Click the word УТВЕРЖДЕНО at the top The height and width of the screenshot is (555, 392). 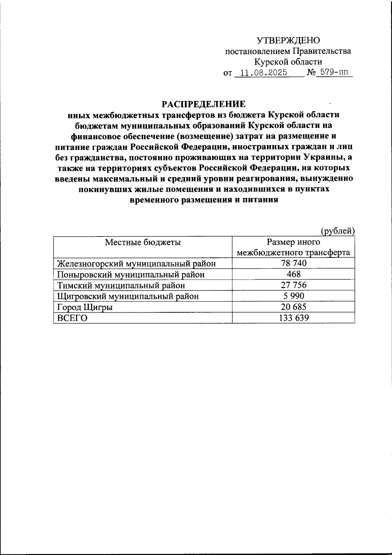(288, 41)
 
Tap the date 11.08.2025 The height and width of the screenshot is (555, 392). (263, 73)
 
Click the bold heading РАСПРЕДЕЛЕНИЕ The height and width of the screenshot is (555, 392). (204, 104)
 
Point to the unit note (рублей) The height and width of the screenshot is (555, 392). (337, 231)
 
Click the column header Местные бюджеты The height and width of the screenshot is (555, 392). (143, 242)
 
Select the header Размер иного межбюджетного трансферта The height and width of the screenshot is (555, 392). (293, 247)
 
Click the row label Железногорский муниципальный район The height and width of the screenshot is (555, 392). (137, 263)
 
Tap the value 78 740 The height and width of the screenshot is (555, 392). (294, 263)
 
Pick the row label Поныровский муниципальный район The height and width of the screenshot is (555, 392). (131, 274)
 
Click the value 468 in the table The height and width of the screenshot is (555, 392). (293, 274)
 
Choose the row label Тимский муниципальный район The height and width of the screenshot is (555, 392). (121, 285)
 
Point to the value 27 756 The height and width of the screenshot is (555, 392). (294, 285)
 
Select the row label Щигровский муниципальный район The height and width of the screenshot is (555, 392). (128, 296)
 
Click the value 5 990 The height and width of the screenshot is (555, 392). (294, 296)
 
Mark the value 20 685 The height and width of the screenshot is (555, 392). (294, 307)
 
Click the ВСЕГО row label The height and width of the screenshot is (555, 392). (72, 318)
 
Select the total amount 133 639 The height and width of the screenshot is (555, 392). (294, 318)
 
